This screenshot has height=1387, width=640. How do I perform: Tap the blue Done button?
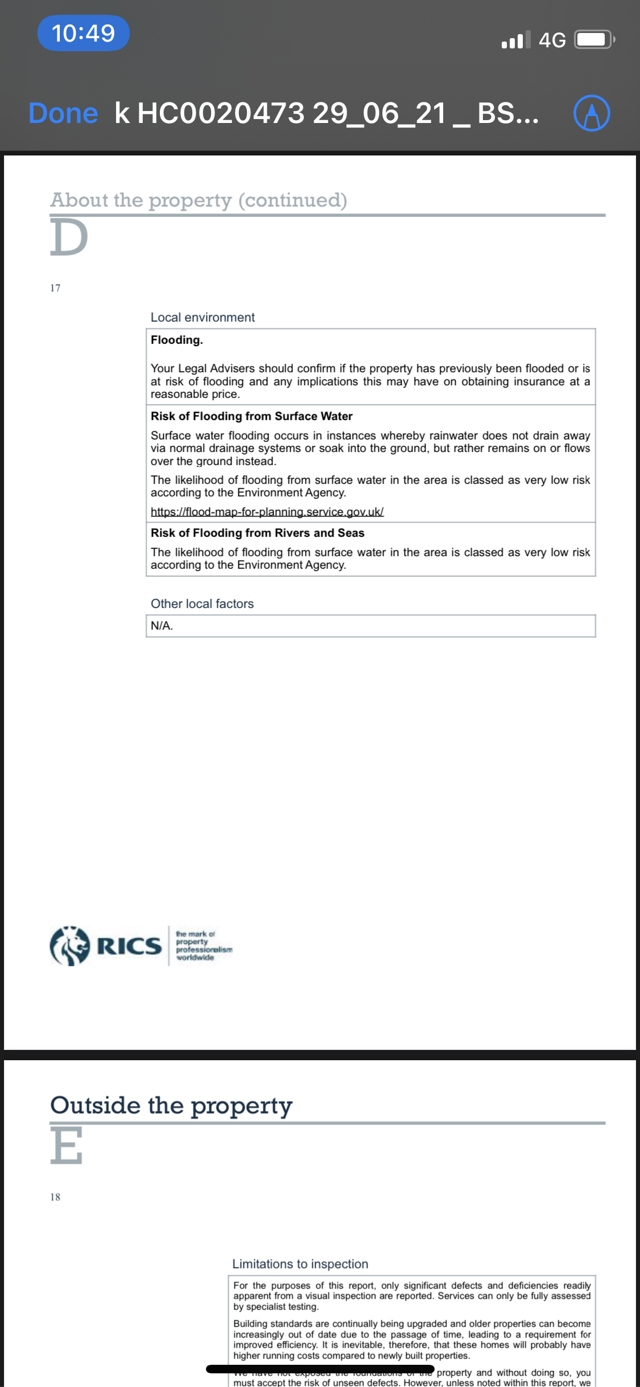[x=63, y=113]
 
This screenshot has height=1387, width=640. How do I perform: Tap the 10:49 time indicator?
[x=83, y=33]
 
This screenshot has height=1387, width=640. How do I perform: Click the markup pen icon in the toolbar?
[x=591, y=113]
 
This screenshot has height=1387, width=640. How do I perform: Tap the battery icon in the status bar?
[x=594, y=40]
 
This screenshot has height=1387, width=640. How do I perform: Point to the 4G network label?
[x=552, y=40]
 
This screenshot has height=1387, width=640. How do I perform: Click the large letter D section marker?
[x=69, y=237]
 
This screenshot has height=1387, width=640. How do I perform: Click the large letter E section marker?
[x=67, y=1145]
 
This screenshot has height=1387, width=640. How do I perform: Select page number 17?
[x=55, y=288]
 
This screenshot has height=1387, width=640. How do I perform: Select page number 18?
[x=55, y=1197]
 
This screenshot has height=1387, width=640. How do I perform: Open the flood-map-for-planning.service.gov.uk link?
[x=267, y=511]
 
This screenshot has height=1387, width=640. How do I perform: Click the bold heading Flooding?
[x=176, y=340]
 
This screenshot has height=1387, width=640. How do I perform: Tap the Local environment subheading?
[x=203, y=317]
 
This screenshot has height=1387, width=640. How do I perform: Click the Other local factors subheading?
[x=202, y=604]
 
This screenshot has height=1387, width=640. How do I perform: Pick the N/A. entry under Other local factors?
[x=162, y=626]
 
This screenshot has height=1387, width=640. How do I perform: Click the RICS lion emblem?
[x=70, y=946]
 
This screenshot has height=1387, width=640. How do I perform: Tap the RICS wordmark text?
[x=130, y=946]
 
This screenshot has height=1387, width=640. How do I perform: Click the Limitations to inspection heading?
[x=300, y=1264]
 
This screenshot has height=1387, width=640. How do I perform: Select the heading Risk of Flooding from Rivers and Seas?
[x=257, y=533]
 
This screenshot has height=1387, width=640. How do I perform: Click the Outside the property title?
[x=171, y=1105]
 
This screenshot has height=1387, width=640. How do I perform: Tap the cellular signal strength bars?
[x=516, y=40]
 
